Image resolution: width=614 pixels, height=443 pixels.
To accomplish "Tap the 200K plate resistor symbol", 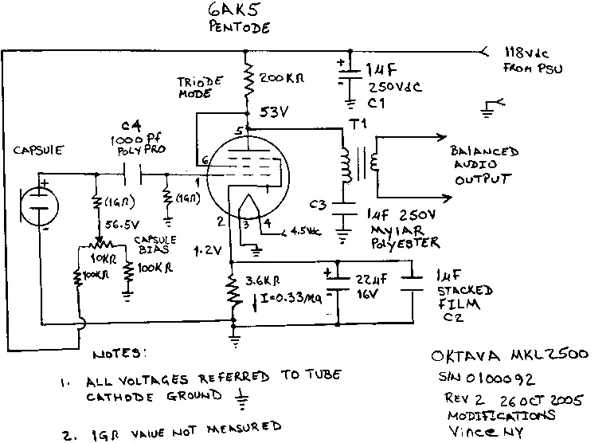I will (x=249, y=78).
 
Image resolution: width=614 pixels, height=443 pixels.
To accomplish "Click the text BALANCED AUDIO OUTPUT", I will (x=484, y=165).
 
